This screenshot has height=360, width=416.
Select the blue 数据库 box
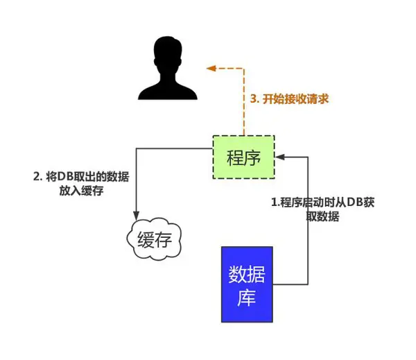click(x=247, y=284)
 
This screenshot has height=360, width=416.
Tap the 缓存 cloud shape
click(x=155, y=240)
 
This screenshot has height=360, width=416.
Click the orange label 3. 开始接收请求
click(x=288, y=98)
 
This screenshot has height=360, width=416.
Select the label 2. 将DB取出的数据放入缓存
click(x=81, y=184)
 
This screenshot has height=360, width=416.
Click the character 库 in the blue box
click(x=247, y=300)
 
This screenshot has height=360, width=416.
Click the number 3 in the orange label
click(x=253, y=98)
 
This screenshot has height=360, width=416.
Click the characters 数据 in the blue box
click(x=247, y=275)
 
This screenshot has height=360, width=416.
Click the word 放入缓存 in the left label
click(x=81, y=191)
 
